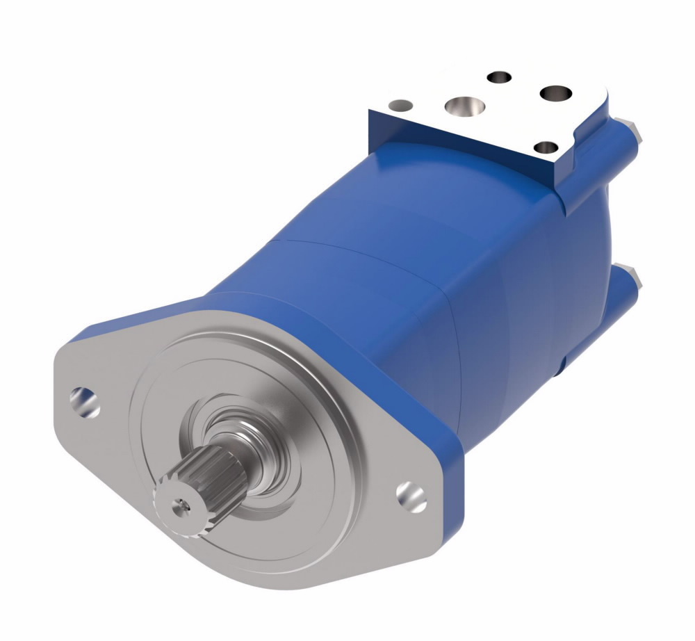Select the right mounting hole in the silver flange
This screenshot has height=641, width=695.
[x=411, y=494]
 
